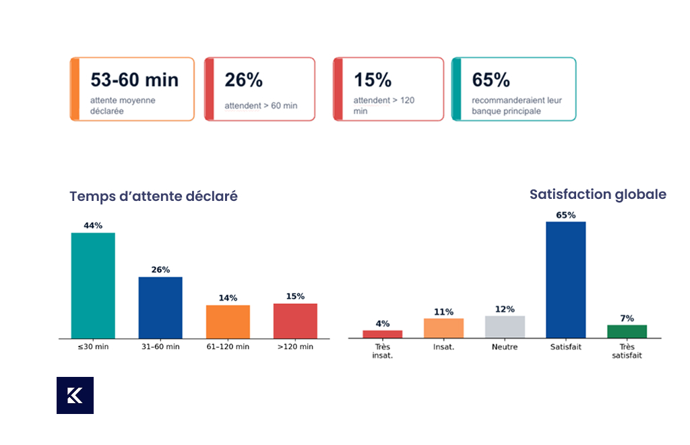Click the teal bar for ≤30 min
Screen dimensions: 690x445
click(93, 285)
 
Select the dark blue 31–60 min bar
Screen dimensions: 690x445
click(160, 307)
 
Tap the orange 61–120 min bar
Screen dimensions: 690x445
click(228, 322)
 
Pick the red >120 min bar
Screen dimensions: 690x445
click(295, 321)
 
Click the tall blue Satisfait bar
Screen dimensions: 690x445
click(566, 280)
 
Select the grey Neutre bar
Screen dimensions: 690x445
click(505, 326)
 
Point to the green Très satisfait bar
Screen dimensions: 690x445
click(627, 332)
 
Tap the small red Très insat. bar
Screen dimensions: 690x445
click(383, 334)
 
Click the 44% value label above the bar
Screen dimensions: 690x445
click(93, 225)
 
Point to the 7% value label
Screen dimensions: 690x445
click(627, 318)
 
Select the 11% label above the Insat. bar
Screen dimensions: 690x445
click(443, 311)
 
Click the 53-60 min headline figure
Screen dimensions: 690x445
click(135, 80)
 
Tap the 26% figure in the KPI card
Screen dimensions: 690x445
click(243, 80)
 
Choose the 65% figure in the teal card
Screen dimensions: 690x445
click(491, 80)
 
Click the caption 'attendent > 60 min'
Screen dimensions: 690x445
click(261, 106)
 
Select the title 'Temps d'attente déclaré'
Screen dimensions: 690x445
click(154, 196)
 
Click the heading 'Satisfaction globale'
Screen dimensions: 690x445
click(598, 194)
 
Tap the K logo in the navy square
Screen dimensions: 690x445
click(75, 395)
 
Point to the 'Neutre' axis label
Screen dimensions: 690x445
click(505, 347)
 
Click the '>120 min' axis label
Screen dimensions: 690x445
click(295, 347)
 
